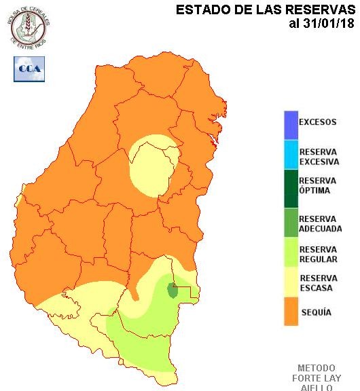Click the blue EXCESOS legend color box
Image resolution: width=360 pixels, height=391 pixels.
click(291, 124)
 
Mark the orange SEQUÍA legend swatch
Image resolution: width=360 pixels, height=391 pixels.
click(291, 313)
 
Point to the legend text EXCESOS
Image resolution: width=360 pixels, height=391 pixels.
click(317, 123)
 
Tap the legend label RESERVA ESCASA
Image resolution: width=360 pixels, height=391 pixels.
click(317, 283)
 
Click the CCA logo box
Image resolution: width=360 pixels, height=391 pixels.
click(29, 69)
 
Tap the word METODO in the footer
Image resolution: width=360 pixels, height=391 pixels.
click(316, 368)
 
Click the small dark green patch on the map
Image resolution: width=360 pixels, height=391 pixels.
click(173, 291)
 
